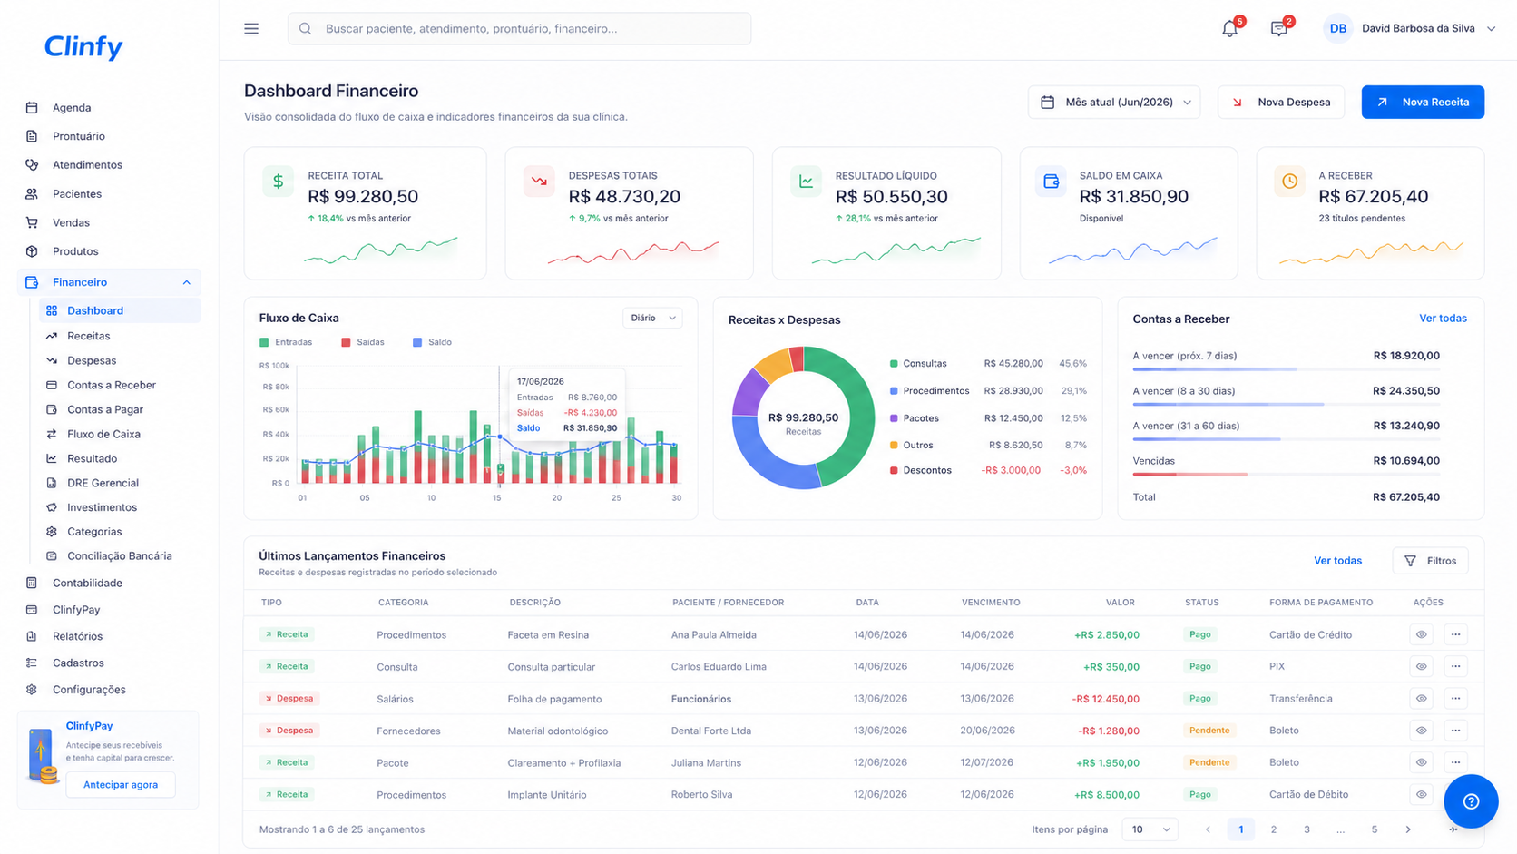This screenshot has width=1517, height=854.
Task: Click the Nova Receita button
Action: [x=1423, y=103]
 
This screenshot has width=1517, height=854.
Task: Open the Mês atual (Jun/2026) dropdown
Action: [x=1114, y=103]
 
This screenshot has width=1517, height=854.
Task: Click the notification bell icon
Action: [x=1230, y=29]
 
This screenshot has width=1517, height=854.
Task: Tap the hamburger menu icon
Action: [x=251, y=28]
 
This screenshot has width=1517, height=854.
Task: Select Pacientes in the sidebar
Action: [x=77, y=193]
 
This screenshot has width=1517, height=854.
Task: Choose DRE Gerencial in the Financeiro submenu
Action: [x=103, y=483]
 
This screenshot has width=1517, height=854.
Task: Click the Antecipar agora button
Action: [x=121, y=784]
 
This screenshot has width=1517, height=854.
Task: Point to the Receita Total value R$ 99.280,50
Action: [x=363, y=196]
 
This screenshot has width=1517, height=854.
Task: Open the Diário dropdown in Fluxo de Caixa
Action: [x=652, y=318]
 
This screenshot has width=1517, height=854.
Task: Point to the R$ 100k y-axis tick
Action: [x=274, y=366]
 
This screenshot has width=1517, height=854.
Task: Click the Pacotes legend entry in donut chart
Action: [x=915, y=417]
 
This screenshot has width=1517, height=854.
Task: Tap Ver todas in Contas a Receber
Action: [x=1443, y=319]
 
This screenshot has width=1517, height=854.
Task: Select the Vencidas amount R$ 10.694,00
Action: [x=1406, y=460]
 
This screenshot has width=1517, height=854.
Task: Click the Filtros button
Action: [x=1430, y=561]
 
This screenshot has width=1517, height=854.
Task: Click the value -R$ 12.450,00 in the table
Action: [x=1105, y=699]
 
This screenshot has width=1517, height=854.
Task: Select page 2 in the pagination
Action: [x=1274, y=829]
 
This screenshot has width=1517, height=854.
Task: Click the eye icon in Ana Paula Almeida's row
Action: [x=1422, y=634]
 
